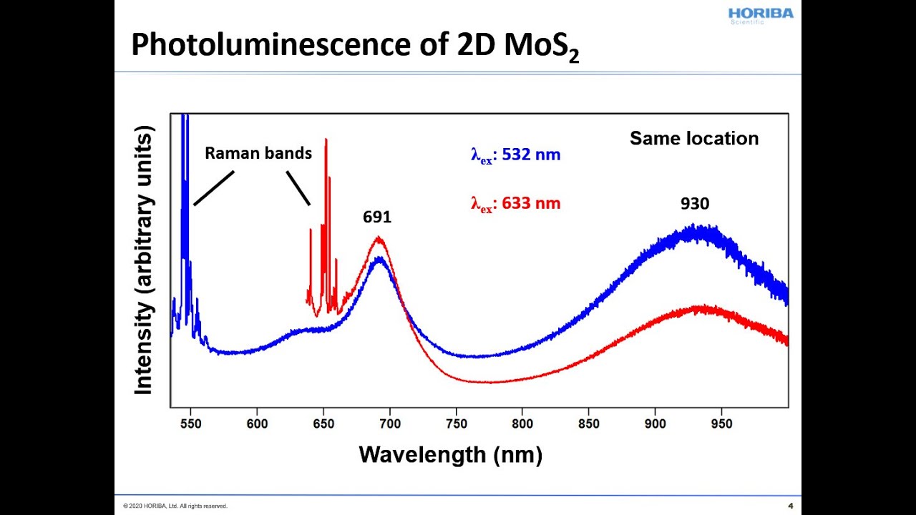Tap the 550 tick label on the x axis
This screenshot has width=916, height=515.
click(190, 423)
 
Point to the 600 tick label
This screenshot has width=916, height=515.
click(257, 423)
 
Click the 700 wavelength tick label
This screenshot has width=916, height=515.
click(389, 423)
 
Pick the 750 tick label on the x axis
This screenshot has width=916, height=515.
click(456, 423)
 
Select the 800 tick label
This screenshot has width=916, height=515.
click(522, 423)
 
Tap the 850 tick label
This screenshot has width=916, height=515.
click(588, 423)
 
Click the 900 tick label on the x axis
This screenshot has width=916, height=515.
click(655, 423)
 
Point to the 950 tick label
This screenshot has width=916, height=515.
click(721, 423)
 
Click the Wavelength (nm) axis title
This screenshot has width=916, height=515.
click(450, 454)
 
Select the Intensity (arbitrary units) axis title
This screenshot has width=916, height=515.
click(144, 261)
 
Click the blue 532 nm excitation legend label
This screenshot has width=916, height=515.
click(515, 154)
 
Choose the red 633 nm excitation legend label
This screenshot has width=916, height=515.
click(515, 204)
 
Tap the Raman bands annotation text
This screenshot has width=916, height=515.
click(258, 153)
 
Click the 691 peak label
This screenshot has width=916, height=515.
click(377, 217)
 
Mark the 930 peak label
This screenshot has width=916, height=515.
click(694, 204)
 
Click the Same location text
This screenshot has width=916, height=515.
click(694, 139)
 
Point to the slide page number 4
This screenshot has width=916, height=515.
click(790, 506)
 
